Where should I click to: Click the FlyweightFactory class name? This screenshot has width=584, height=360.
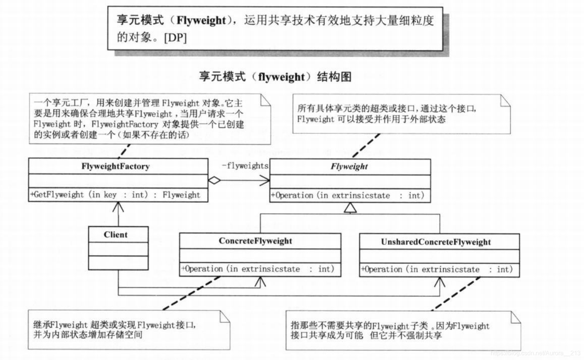click(115, 166)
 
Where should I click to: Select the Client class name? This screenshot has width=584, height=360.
click(115, 235)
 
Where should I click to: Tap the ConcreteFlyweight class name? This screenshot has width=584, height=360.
click(255, 241)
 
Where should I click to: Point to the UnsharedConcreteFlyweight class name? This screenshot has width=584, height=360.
click(435, 242)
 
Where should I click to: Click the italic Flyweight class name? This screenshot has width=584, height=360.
click(349, 166)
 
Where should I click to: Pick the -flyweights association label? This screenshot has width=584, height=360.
click(245, 166)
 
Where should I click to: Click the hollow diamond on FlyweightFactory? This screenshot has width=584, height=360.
click(214, 180)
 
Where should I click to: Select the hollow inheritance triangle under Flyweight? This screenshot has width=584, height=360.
click(350, 208)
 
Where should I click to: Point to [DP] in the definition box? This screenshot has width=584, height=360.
click(175, 38)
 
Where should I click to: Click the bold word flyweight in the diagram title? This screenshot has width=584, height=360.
click(281, 77)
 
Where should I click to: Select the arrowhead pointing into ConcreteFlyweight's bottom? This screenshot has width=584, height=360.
click(261, 281)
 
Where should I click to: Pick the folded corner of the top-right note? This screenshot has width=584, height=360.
click(505, 100)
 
